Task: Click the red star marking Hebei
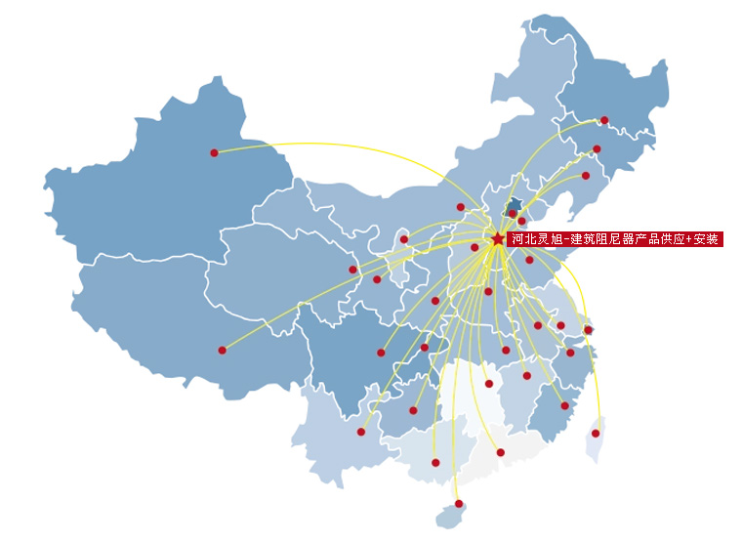pos(498,238)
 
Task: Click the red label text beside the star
pos(615,239)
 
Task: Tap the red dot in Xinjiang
pos(214,152)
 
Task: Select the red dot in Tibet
pos(222,350)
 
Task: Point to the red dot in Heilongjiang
pos(604,120)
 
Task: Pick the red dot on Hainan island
pos(459,504)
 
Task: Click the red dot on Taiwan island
pos(596,433)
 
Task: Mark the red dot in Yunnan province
pos(360,432)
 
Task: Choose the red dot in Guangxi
pos(435,462)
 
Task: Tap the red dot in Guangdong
pos(500,452)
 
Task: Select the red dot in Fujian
pos(564,405)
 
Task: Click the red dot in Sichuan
pos(381,353)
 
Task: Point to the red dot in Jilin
pos(597,149)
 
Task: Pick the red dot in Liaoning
pos(586,176)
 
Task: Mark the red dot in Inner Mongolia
pos(461,207)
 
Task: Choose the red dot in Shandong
pos(529,260)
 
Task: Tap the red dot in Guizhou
pos(413,410)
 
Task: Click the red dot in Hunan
pos(488,384)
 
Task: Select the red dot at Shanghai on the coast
pos(588,330)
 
